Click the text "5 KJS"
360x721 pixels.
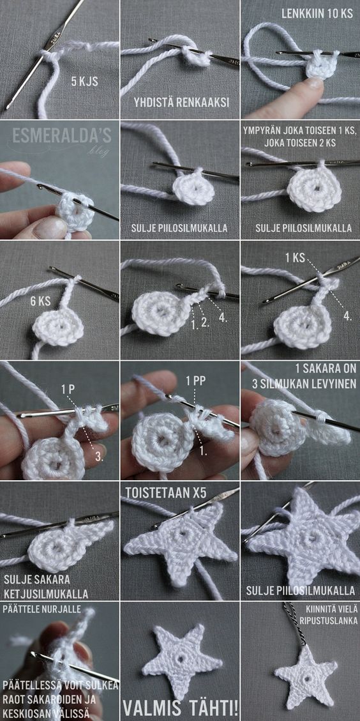86,82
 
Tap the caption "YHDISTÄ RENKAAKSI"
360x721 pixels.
182,103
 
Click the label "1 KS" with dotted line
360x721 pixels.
295,257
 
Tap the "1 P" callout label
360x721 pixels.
68,389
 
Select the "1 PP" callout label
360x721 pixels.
195,381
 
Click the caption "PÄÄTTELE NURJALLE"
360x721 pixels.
42,609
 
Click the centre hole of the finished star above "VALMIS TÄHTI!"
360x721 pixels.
182,659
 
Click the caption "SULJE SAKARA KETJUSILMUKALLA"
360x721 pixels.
45,585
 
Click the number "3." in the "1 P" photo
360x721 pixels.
100,458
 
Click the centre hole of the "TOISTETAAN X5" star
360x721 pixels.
180,536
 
